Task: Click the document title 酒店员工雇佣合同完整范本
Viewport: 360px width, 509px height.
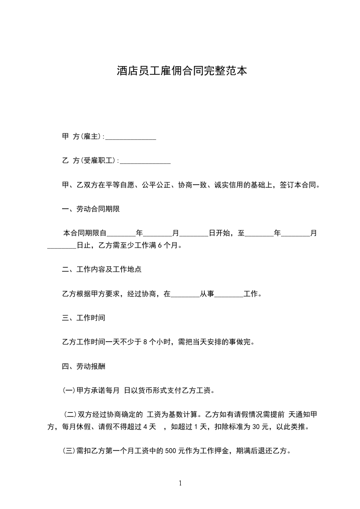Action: coord(182,71)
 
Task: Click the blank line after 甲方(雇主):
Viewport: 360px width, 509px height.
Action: coord(131,137)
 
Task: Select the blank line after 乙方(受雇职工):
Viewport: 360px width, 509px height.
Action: coord(145,161)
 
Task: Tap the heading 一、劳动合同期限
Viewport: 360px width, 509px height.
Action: coord(91,209)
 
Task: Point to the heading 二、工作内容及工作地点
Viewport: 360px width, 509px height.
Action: coord(102,269)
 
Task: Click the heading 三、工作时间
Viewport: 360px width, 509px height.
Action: coord(84,318)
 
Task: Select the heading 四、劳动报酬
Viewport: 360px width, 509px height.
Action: coord(84,366)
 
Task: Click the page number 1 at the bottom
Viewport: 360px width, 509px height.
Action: coord(180,484)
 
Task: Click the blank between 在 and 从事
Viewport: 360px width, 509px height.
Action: coord(185,294)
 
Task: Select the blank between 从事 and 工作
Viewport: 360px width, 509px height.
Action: coord(229,294)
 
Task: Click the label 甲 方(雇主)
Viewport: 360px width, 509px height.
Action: coord(82,137)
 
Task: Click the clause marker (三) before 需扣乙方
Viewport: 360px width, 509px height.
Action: coord(69,451)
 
